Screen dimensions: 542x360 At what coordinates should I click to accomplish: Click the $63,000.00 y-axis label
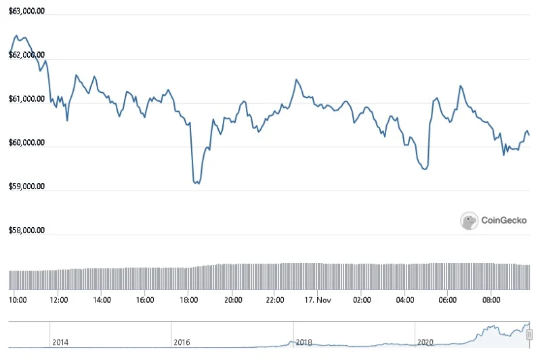tap(26, 11)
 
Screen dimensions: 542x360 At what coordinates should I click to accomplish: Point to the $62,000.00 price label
tap(26, 55)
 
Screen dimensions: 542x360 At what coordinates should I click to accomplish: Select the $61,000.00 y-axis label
tap(26, 99)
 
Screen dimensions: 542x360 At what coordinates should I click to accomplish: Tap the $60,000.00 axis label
tap(26, 143)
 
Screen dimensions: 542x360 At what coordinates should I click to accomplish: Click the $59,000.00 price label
tap(26, 186)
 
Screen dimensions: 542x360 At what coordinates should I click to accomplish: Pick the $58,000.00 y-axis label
tap(26, 231)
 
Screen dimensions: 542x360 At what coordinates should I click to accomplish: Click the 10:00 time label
tap(18, 300)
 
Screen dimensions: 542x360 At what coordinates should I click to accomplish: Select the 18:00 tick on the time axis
tap(189, 300)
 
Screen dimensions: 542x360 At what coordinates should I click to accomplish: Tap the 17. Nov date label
tap(318, 300)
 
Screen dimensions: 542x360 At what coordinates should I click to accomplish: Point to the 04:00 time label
tap(404, 300)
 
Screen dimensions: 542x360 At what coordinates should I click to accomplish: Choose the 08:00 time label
tap(491, 300)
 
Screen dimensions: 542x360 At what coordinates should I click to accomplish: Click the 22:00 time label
tap(275, 300)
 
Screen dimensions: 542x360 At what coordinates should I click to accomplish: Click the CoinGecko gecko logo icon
tap(469, 220)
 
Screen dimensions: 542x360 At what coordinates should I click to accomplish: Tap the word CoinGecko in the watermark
tap(504, 220)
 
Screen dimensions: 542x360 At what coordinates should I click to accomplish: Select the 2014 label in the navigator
tap(60, 342)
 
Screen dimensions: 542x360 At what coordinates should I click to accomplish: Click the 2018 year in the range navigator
tap(304, 342)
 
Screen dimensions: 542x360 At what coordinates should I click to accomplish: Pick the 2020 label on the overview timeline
tap(425, 342)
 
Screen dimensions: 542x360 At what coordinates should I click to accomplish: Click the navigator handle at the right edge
tap(529, 335)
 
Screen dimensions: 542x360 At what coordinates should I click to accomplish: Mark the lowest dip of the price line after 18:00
tap(198, 183)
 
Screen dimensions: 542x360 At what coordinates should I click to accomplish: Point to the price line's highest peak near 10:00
tap(16, 36)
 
